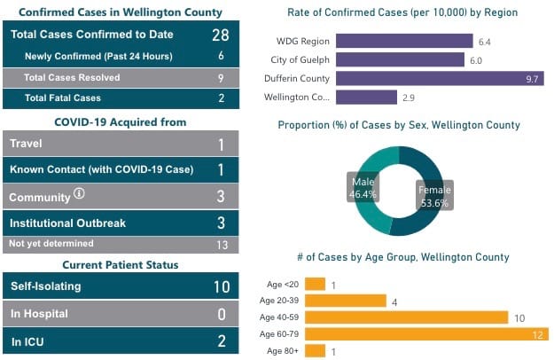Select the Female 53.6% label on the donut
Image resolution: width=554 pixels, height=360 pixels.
[x=434, y=195]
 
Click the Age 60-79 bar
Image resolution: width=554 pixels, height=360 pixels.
[x=426, y=334]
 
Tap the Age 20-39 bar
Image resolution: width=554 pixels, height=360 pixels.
[x=345, y=301]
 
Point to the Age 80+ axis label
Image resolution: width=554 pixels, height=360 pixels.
[x=285, y=351]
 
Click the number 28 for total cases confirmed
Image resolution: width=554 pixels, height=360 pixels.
[x=221, y=35]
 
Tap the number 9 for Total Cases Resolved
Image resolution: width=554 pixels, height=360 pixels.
[x=221, y=77]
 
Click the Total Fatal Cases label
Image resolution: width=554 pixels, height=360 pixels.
[x=63, y=98]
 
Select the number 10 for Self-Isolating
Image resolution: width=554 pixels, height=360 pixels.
[x=221, y=286]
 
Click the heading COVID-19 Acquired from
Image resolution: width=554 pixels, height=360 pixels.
[x=121, y=121]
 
